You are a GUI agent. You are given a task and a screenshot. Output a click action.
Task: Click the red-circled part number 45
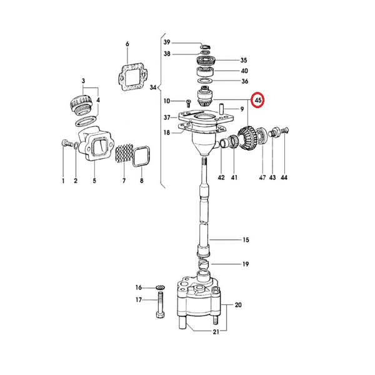pyautogui.click(x=258, y=100)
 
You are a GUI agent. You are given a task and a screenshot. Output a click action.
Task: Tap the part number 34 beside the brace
pyautogui.click(x=153, y=87)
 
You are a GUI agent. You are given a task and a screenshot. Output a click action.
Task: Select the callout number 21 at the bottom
pyautogui.click(x=216, y=332)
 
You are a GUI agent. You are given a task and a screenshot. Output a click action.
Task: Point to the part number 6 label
pyautogui.click(x=127, y=44)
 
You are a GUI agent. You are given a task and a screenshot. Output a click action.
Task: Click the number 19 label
pyautogui.click(x=246, y=264)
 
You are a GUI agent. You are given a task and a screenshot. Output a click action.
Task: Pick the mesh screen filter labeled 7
pyautogui.click(x=124, y=153)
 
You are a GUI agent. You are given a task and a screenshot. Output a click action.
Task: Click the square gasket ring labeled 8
pyautogui.click(x=141, y=156)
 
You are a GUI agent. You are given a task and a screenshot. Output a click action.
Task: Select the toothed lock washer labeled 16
pyautogui.click(x=160, y=287)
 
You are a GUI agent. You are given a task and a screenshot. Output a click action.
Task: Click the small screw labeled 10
pyautogui.click(x=188, y=104)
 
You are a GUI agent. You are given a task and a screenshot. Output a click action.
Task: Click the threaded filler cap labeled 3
pyautogui.click(x=81, y=104)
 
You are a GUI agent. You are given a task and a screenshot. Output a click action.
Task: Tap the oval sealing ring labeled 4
pyautogui.click(x=86, y=121)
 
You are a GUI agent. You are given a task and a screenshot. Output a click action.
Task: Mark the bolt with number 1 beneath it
pyautogui.click(x=67, y=144)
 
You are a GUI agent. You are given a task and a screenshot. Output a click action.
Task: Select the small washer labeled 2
pyautogui.click(x=76, y=146)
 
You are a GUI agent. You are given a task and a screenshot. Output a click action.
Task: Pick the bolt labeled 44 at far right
pyautogui.click(x=284, y=131)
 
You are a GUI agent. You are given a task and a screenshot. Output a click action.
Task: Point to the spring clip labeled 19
pyautogui.click(x=204, y=266)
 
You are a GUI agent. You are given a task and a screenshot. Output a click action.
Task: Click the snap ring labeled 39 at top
pyautogui.click(x=206, y=46)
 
